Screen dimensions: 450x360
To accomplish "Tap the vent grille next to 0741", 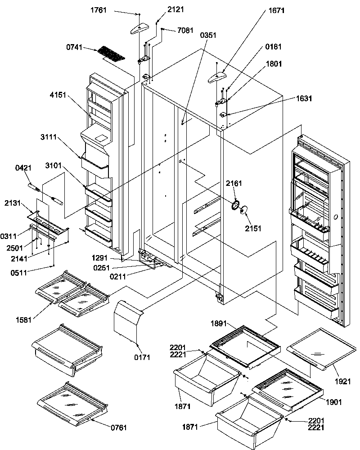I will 111,54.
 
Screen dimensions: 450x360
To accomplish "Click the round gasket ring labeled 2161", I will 235,206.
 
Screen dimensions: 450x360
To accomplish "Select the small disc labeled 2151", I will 245,210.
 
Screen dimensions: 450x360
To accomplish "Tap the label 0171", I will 144,358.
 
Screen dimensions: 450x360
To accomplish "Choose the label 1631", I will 291,98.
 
